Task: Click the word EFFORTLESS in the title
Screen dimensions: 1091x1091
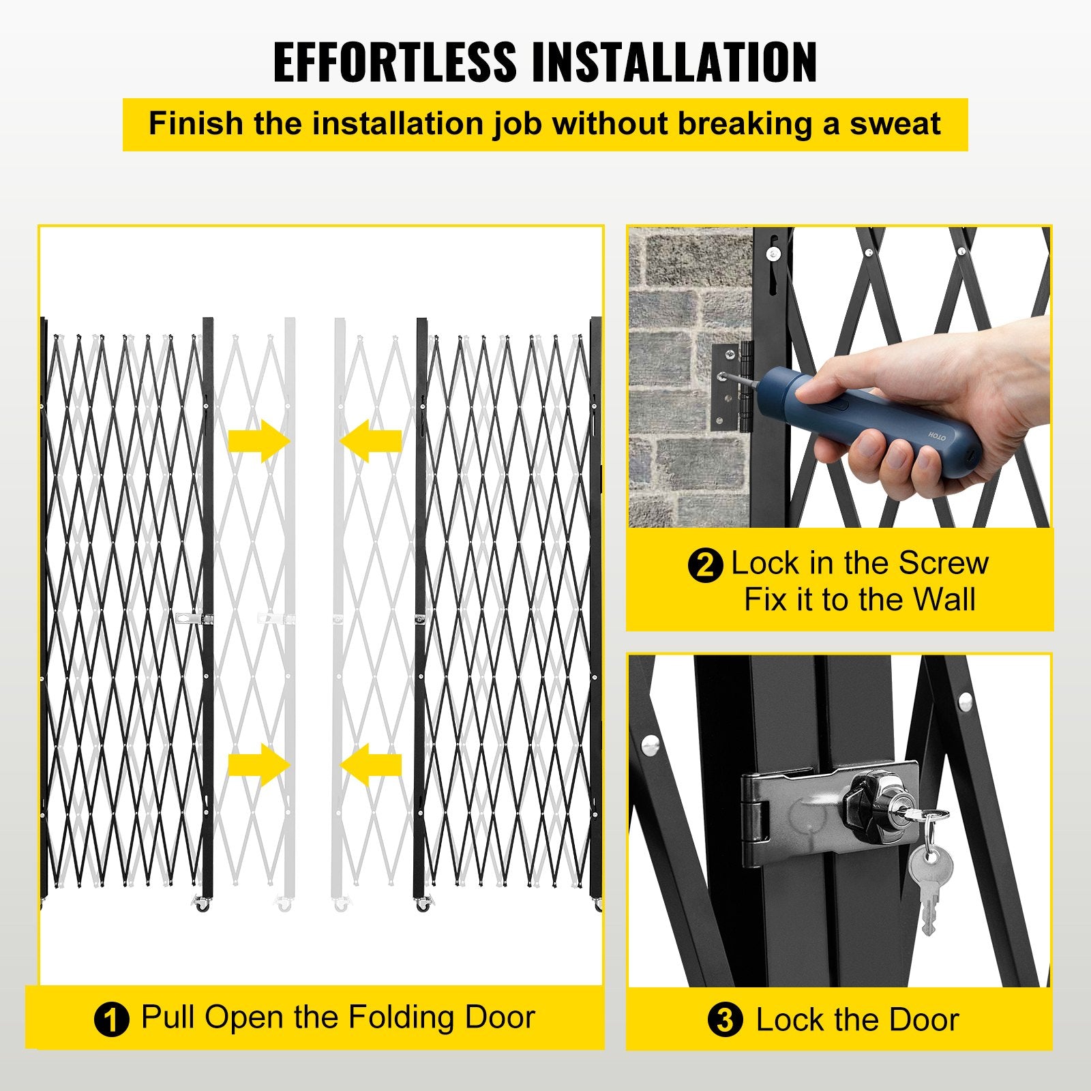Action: pos(395,63)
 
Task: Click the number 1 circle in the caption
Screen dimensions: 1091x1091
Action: pos(111,1020)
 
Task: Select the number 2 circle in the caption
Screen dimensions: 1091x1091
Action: pos(704,565)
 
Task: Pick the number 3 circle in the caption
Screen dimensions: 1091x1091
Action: pos(725,1021)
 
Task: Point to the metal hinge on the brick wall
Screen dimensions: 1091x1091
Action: pos(732,387)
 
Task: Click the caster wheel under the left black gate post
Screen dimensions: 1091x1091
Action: pos(203,906)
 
